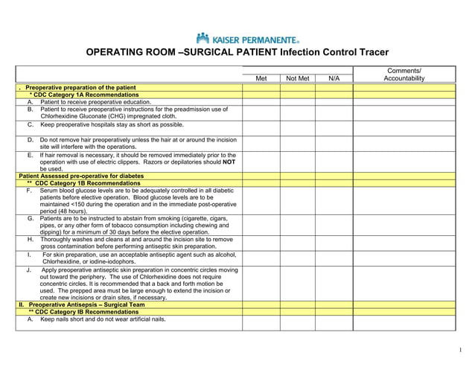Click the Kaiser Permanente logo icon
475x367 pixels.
pos(203,37)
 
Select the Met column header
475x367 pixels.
pos(261,78)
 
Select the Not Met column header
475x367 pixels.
pos(297,78)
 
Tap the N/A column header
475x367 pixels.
pos(334,78)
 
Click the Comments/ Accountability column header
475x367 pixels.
pos(404,74)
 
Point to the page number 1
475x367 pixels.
pos(462,350)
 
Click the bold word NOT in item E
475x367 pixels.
pos(229,162)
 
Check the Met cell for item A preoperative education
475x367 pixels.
pos(261,102)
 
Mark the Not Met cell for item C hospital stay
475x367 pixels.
pos(297,127)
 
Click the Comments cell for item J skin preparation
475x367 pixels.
pos(404,283)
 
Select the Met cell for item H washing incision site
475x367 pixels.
pos(261,243)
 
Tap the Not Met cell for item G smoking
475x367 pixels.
pos(297,226)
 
